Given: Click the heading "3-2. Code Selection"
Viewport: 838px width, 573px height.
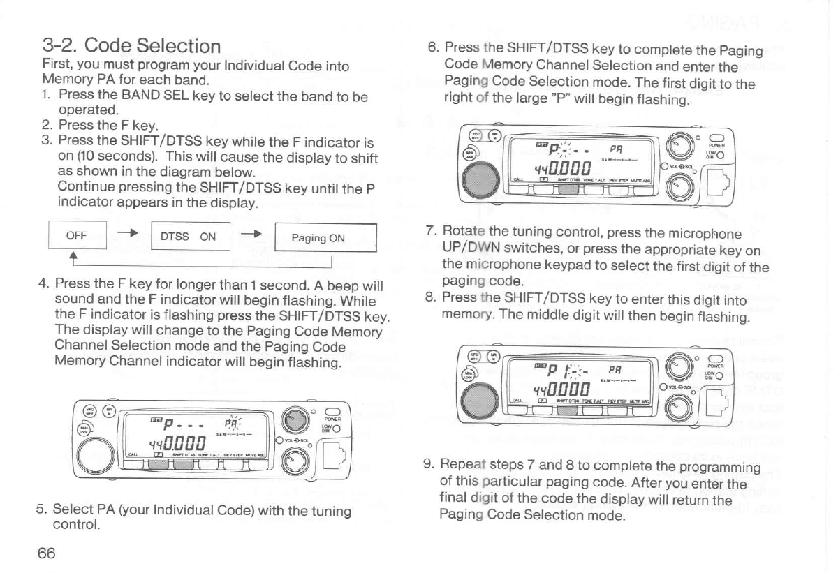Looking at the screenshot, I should (x=132, y=47).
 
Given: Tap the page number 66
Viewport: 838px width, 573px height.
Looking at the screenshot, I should (x=47, y=553).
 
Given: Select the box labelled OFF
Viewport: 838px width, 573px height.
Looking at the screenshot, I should (x=76, y=236).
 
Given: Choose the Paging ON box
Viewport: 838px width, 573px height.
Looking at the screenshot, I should (x=318, y=237).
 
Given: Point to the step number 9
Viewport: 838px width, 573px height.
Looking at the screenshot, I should (x=429, y=466).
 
